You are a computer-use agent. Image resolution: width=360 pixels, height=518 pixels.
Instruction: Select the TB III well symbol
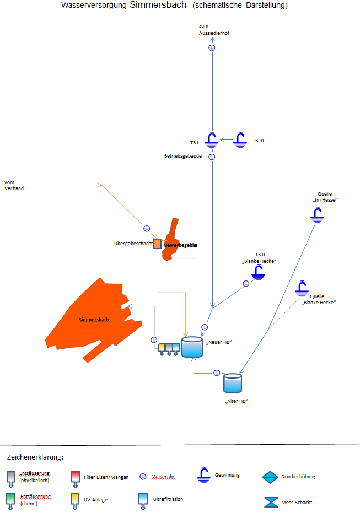[x=240, y=140]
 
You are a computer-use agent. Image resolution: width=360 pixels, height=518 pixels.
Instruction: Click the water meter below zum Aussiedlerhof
[x=212, y=48]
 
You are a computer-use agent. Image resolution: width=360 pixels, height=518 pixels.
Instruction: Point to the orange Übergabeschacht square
[x=157, y=244]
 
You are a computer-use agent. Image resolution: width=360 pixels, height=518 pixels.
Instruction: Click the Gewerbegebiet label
[x=180, y=245]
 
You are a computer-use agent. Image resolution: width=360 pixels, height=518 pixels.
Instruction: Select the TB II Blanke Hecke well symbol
[x=258, y=272]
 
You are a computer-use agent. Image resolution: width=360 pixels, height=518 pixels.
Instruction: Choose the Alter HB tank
[x=233, y=383]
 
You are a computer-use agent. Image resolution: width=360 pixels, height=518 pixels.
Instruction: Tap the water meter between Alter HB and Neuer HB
[x=217, y=373]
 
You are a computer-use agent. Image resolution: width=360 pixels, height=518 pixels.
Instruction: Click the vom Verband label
[x=14, y=185]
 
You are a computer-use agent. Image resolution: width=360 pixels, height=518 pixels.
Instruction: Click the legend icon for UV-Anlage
[x=76, y=500]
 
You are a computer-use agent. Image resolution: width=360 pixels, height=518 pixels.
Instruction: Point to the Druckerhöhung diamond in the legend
[x=271, y=477]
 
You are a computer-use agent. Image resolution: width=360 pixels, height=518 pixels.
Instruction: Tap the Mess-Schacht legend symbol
[x=271, y=502]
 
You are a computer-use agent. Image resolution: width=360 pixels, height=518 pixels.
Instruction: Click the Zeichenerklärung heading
[x=35, y=457]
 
